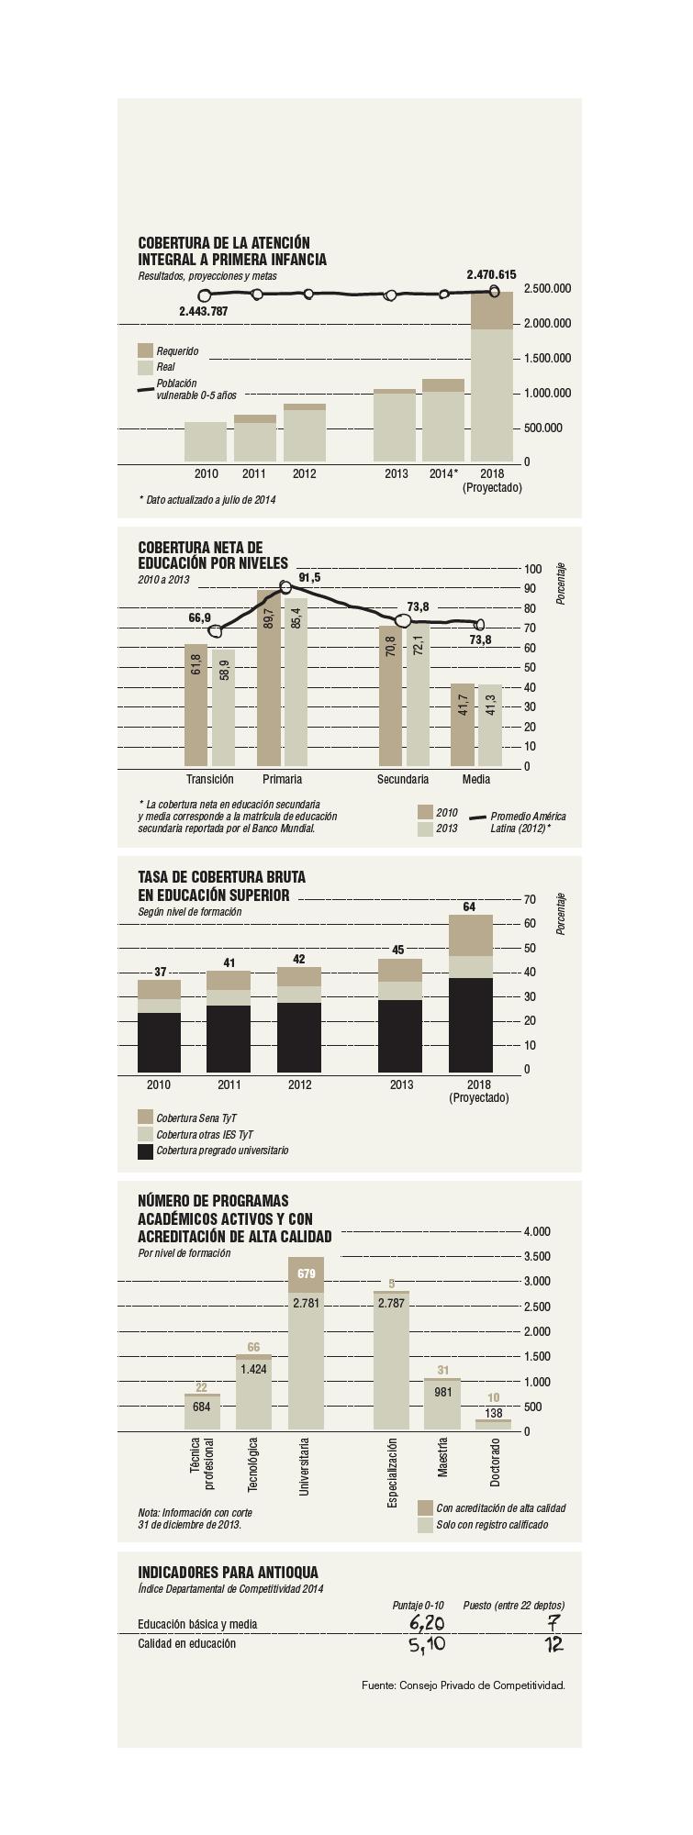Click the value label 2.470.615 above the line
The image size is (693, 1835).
click(x=491, y=274)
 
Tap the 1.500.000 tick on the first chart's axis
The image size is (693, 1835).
click(x=547, y=358)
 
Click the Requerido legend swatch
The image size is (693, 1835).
click(x=145, y=350)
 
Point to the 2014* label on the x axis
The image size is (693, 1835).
click(x=443, y=473)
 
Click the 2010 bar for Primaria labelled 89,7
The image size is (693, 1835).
click(x=269, y=679)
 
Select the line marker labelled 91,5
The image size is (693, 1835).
click(x=285, y=587)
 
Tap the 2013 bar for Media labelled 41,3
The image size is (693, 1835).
click(x=490, y=725)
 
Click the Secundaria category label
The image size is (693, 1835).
click(x=403, y=779)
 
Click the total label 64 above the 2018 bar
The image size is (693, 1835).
click(x=469, y=906)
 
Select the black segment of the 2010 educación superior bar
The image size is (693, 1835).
click(x=159, y=1042)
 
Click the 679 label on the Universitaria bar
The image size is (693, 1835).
click(x=306, y=1273)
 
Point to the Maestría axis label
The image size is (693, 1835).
click(x=442, y=1457)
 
